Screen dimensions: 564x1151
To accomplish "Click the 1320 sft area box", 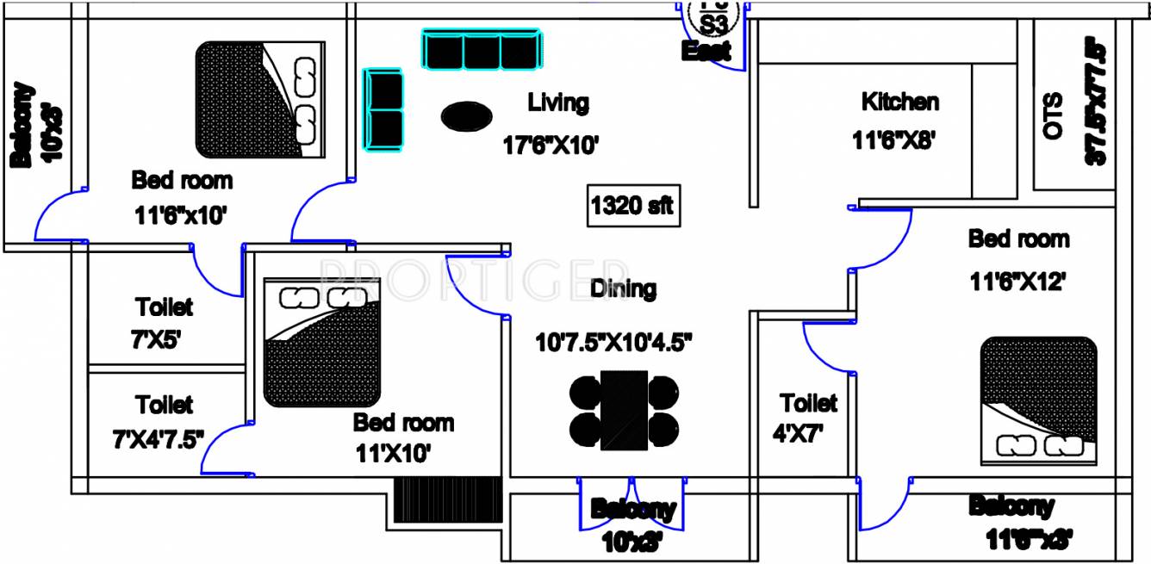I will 631,207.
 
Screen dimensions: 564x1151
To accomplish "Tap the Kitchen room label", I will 899,102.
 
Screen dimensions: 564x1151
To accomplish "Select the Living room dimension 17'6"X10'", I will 551,146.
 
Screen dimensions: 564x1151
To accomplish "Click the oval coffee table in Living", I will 467,115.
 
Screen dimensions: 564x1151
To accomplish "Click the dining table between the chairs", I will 624,410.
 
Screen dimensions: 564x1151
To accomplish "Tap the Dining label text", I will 623,288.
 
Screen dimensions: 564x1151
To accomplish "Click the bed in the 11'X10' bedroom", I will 322,342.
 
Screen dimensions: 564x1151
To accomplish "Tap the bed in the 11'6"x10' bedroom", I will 261,101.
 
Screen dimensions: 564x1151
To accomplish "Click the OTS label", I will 1053,116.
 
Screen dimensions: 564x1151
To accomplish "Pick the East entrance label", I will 706,51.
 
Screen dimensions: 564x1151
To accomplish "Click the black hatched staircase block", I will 448,499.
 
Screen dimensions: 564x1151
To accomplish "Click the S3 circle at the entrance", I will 715,19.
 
